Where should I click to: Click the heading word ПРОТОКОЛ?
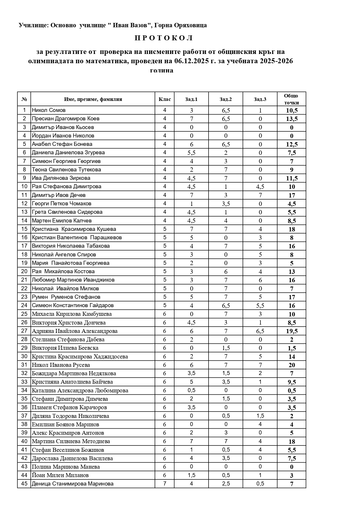click(164, 38)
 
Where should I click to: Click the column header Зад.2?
click(225, 99)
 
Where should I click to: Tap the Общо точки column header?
click(291, 99)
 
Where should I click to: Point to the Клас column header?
click(164, 99)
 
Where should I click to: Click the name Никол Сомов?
click(49, 110)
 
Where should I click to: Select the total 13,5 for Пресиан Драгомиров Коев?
click(292, 119)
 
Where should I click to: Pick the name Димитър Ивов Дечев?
click(59, 195)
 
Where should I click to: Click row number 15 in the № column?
click(24, 229)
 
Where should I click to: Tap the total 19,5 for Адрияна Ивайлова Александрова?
click(292, 331)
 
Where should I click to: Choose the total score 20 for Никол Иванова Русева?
click(292, 365)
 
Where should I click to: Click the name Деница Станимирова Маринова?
click(73, 484)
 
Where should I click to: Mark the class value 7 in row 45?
click(164, 484)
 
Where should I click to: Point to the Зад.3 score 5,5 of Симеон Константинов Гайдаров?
click(260, 305)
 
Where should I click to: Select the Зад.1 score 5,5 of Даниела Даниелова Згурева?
click(191, 153)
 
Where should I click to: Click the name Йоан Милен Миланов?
click(60, 475)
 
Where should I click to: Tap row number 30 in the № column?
click(24, 356)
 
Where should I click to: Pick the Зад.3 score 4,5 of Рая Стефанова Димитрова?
click(260, 187)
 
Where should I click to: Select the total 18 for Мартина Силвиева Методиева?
click(292, 441)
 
